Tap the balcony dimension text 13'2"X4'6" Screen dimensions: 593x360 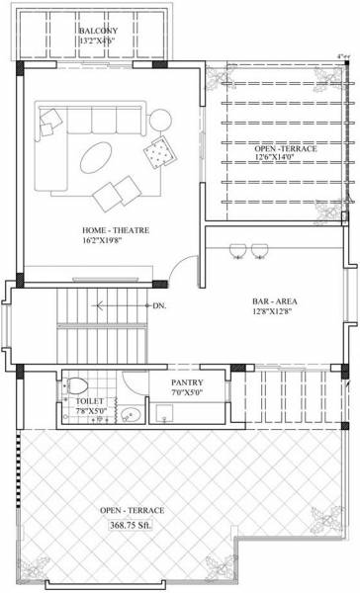(x=100, y=42)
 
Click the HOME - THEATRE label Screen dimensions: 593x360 (x=116, y=229)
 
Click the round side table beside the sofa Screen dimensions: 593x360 (x=159, y=120)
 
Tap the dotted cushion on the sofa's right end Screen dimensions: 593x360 (x=156, y=151)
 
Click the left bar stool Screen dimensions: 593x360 (x=238, y=249)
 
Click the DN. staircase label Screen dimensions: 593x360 (x=158, y=306)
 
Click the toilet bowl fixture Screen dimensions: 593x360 (x=78, y=383)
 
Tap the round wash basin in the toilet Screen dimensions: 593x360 (x=131, y=414)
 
